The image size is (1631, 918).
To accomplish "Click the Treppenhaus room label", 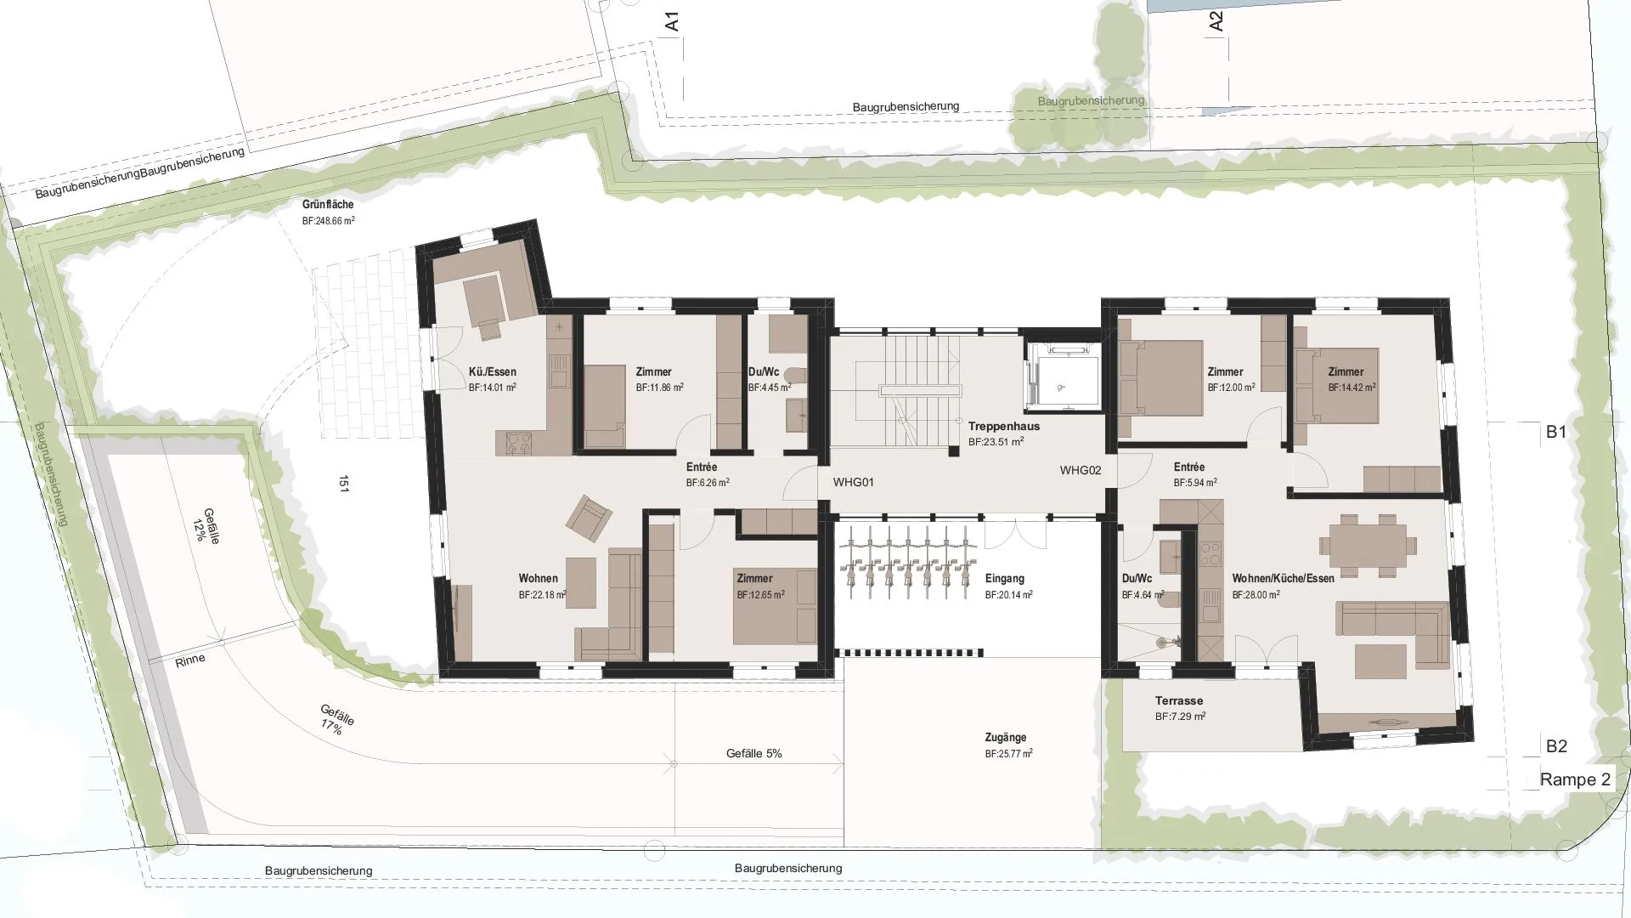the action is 1003,426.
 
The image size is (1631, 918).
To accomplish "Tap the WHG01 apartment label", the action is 853,482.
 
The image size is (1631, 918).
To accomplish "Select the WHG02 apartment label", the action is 1081,470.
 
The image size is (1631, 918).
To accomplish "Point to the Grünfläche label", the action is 328,205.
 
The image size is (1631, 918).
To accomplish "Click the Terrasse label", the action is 1179,701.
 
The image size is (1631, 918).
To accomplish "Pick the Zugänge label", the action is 1006,738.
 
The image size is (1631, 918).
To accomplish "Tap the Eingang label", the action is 1005,579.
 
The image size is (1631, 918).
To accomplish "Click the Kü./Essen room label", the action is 493,371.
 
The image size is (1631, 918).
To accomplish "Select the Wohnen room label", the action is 539,579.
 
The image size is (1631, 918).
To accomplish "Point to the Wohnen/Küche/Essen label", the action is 1284,579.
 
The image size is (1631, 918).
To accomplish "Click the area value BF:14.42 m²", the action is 1352,388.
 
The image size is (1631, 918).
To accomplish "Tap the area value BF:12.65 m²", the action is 761,595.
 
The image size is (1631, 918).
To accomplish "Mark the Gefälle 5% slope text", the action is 754,754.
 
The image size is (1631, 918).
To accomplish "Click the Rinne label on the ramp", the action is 190,660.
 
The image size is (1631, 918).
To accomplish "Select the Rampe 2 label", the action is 1575,779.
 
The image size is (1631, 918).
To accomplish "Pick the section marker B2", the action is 1556,746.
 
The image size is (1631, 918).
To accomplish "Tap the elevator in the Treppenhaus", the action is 1061,377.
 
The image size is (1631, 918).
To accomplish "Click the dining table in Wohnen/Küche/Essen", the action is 1369,544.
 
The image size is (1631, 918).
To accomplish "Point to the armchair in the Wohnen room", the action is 589,518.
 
